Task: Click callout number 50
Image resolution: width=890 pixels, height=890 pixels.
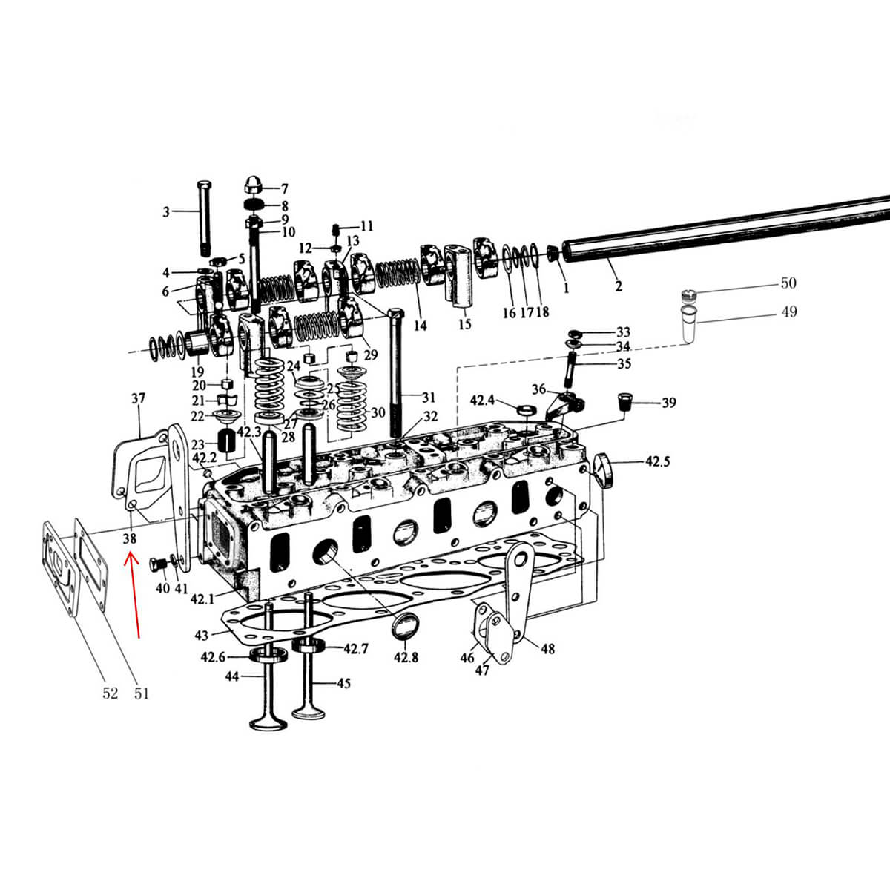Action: pyautogui.click(x=788, y=283)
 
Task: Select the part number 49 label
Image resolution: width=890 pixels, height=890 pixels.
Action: pyautogui.click(x=789, y=311)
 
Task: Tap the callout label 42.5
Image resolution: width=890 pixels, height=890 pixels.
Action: pyautogui.click(x=657, y=461)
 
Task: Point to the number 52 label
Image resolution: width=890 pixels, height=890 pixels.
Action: pyautogui.click(x=110, y=693)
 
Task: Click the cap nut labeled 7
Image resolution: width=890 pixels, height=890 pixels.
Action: pyautogui.click(x=253, y=185)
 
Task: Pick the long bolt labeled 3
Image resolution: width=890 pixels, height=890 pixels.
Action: pyautogui.click(x=204, y=219)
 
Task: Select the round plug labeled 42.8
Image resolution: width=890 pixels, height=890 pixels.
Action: pyautogui.click(x=405, y=627)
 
